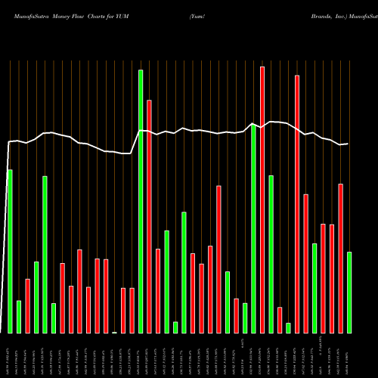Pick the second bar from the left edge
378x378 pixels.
point(19,317)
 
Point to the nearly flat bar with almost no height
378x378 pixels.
point(114,332)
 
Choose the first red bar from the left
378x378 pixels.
point(27,305)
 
